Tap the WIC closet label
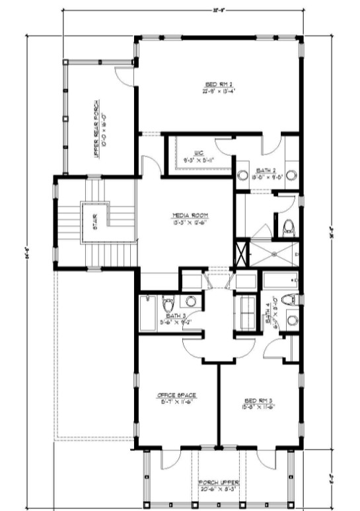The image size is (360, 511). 198,153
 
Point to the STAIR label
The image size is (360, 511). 95,225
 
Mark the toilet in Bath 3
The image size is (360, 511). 168,304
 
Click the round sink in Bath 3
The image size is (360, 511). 190,302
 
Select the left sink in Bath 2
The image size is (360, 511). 243,176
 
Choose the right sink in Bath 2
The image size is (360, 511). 291,176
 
